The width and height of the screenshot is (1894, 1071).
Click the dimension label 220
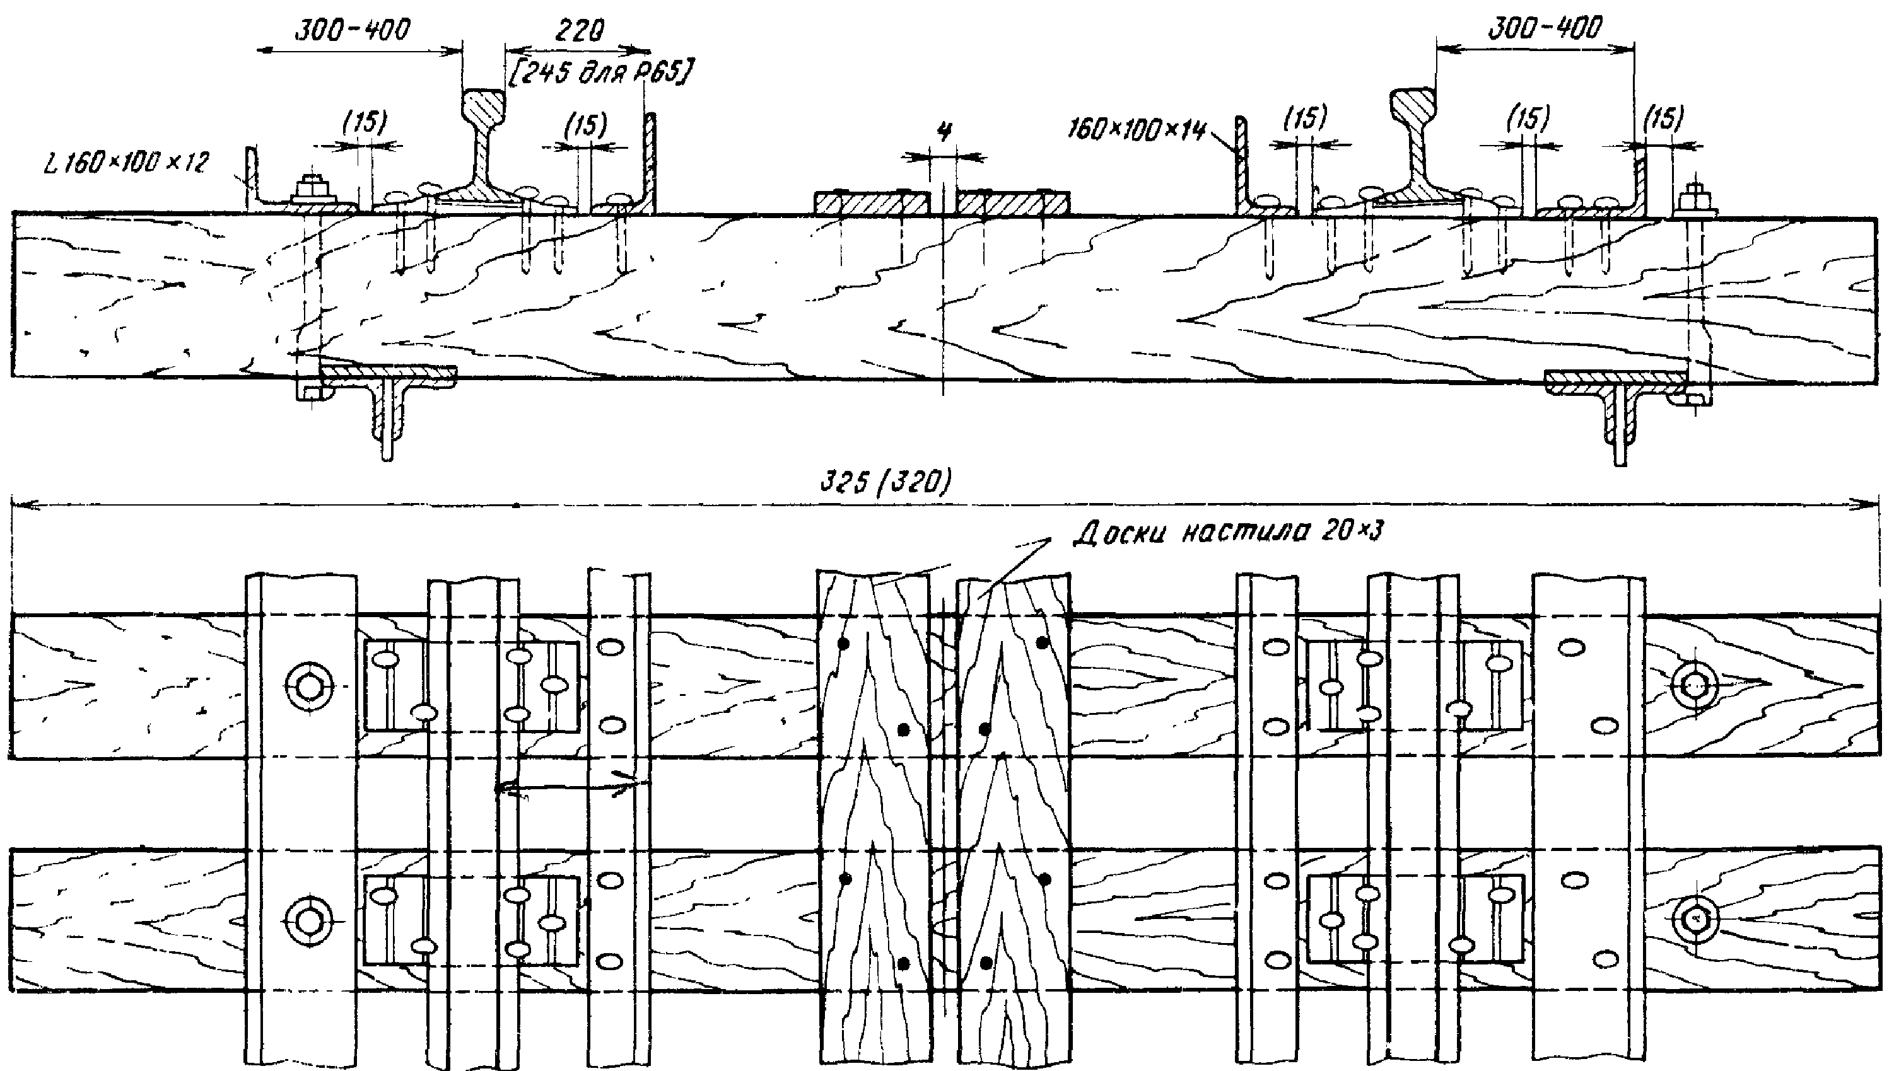579,30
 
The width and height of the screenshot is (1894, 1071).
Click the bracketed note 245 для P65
600,72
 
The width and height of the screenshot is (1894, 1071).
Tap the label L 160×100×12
127,163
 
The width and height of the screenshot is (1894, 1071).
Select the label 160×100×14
1137,130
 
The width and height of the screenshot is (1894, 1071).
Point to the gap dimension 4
944,132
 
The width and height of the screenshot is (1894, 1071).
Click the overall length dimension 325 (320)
886,482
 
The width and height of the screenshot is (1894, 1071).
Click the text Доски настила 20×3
1228,531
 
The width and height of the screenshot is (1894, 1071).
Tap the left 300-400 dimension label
352,30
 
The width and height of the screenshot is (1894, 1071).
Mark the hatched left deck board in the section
872,202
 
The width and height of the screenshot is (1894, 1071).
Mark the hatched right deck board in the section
1012,202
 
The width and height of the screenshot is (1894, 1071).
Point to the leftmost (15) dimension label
365,122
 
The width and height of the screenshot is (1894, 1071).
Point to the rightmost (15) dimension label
1663,118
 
